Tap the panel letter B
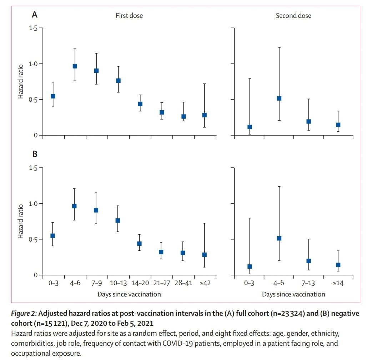[x=35, y=154]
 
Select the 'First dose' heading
[x=129, y=16]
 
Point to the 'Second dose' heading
[x=293, y=16]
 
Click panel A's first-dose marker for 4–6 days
[x=75, y=66]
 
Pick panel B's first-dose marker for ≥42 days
[x=204, y=255]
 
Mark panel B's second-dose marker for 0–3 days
[x=250, y=267]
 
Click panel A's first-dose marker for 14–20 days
[x=140, y=104]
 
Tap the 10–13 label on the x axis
[x=118, y=283]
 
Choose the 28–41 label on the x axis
[x=183, y=283]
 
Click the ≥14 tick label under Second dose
[x=338, y=283]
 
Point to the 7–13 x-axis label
[x=308, y=283]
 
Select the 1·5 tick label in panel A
[x=33, y=28]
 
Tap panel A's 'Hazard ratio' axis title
[x=21, y=82]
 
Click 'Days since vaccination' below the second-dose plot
[x=293, y=294]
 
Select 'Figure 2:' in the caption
[x=23, y=313]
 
